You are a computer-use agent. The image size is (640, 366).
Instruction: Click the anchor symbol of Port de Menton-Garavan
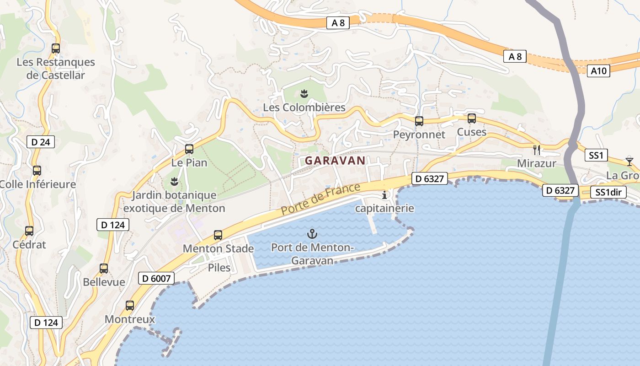[312, 234]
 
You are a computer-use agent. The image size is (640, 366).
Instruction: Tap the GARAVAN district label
[335, 161]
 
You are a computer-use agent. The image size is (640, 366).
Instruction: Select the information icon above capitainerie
[384, 195]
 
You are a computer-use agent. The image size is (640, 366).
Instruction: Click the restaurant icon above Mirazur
[537, 150]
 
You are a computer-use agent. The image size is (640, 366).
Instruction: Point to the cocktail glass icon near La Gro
[629, 161]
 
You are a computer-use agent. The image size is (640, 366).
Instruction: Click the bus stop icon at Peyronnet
[419, 121]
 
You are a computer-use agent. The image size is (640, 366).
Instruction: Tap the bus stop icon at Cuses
[472, 118]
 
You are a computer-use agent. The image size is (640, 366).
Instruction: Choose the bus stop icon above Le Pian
[189, 149]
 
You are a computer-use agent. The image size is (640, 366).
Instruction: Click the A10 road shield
[598, 71]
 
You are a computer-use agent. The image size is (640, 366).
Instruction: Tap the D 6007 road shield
[156, 278]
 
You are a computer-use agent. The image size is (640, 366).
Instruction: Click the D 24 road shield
[41, 142]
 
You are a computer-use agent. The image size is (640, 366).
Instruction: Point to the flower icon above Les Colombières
[304, 94]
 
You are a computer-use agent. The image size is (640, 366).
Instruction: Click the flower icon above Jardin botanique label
[174, 182]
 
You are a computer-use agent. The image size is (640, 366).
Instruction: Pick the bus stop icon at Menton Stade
[218, 235]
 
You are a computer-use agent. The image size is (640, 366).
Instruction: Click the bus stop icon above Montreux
[130, 305]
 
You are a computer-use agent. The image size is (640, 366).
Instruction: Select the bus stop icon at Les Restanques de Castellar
[56, 48]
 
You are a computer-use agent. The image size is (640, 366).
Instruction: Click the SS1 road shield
[596, 156]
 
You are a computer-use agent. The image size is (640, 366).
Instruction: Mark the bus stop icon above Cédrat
[29, 231]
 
